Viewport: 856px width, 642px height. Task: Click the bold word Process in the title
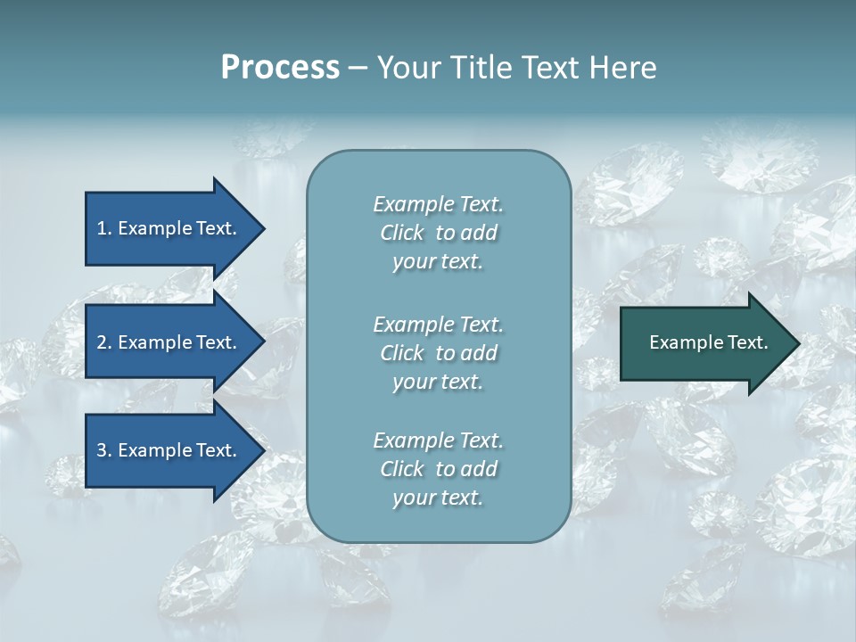[280, 68]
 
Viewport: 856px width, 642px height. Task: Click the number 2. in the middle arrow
[104, 342]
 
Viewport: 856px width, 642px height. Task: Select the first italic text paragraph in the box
[438, 233]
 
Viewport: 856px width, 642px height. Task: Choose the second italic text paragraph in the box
[438, 353]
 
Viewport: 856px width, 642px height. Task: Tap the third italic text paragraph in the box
[438, 469]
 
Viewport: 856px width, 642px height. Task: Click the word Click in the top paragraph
[402, 233]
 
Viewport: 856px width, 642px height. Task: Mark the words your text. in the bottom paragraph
[438, 498]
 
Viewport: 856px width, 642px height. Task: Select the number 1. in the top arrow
[104, 228]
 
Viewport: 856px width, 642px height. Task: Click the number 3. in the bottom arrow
[104, 450]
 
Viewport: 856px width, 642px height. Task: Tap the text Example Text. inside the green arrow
[708, 342]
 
